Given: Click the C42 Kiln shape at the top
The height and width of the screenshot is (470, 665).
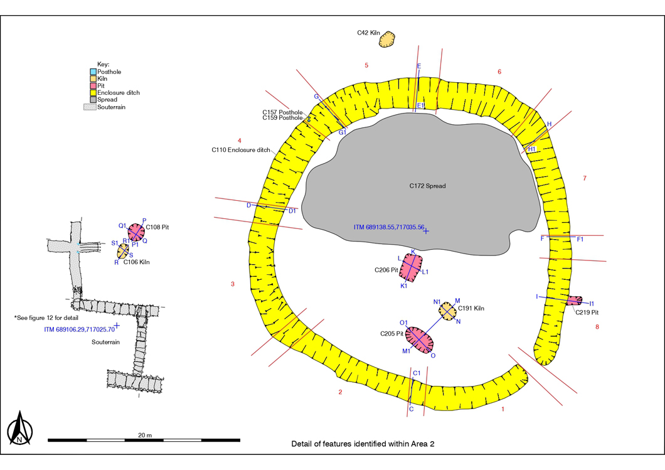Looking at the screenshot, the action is coord(387,40).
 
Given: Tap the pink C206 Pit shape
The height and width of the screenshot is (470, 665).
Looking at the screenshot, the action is coord(411,267).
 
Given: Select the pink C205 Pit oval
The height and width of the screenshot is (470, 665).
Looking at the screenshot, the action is coord(419,339).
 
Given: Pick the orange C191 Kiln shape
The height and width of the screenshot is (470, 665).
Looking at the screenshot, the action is coord(447,311).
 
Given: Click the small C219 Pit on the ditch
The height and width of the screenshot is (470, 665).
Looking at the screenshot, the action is coord(574,301).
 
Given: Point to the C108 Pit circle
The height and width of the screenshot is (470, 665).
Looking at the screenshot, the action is coord(136,232).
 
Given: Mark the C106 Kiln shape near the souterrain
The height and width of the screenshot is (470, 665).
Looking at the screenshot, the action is coord(123,251).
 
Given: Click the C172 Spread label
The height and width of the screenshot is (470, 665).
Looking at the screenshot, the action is coord(427,186).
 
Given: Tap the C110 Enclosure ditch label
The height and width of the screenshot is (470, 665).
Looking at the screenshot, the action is coord(241,150).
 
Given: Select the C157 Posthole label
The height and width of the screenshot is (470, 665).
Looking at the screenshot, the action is coord(282,112).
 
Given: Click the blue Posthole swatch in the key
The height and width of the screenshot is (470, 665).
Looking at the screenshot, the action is coord(93,72).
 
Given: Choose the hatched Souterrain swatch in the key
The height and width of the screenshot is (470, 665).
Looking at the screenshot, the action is coord(90,107).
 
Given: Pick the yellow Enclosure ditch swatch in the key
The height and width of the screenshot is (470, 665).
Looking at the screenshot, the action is coord(93,92).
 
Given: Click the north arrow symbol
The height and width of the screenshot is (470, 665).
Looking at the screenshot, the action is coord(19,427).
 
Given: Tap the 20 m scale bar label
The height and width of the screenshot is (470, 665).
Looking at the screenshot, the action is coord(145,435).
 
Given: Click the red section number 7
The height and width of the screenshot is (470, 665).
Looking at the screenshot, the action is coord(585,178).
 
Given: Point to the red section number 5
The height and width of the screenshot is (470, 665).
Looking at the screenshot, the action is coord(366,65).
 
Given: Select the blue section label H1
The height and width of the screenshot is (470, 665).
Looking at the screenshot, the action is coord(532,149).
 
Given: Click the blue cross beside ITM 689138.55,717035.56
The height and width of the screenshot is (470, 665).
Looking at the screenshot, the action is coord(426,231).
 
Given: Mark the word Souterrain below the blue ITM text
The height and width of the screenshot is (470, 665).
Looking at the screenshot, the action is coord(105,342).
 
